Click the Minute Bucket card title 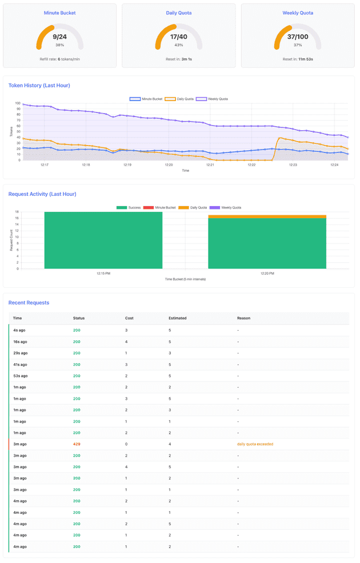point(59,13)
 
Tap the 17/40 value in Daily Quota point(179,37)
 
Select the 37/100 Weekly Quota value point(298,37)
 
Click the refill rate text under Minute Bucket point(59,59)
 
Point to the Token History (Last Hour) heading point(39,85)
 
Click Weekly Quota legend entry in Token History point(212,99)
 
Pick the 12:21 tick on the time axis point(210,165)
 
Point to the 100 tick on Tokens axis point(18,104)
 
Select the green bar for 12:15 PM point(103,240)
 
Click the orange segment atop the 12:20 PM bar point(267,216)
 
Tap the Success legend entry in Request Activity point(129,207)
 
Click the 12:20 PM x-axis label point(267,274)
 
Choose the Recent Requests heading point(29,303)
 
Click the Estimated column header point(177,318)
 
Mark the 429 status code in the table point(77,444)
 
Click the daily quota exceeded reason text point(255,444)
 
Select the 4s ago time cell point(19,330)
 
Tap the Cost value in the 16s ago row point(126,341)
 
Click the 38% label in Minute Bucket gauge point(59,45)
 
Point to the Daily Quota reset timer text point(179,59)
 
